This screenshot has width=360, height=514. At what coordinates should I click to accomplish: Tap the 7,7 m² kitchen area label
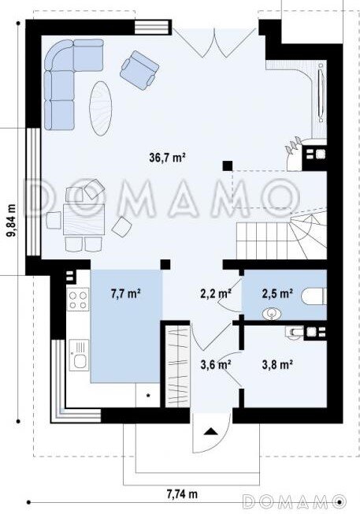point(126,293)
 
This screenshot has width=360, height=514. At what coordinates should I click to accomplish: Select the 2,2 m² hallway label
point(216,293)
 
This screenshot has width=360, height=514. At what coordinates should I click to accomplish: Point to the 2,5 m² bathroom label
point(277,293)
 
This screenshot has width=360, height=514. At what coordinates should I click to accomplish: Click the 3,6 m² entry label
point(216,364)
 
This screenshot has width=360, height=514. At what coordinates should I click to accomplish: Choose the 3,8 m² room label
point(277,364)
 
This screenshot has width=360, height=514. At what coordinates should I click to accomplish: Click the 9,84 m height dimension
point(12,220)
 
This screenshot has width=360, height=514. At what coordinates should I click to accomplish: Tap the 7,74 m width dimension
point(182,493)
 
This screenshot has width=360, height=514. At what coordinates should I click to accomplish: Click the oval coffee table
point(101,108)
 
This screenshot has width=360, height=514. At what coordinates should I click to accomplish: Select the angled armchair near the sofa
point(139,70)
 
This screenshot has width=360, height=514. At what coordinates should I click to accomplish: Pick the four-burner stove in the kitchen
point(78,300)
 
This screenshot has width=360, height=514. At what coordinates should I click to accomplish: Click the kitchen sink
point(79,355)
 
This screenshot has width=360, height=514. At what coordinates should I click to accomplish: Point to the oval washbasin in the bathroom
point(272,315)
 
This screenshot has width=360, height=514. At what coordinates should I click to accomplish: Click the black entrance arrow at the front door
point(211,431)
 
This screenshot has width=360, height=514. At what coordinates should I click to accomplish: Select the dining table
point(84,219)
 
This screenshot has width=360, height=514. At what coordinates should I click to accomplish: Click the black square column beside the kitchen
point(165,264)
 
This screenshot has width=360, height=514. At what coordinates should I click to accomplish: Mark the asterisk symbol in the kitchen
point(148,396)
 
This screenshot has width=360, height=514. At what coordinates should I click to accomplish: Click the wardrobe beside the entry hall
point(178,366)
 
